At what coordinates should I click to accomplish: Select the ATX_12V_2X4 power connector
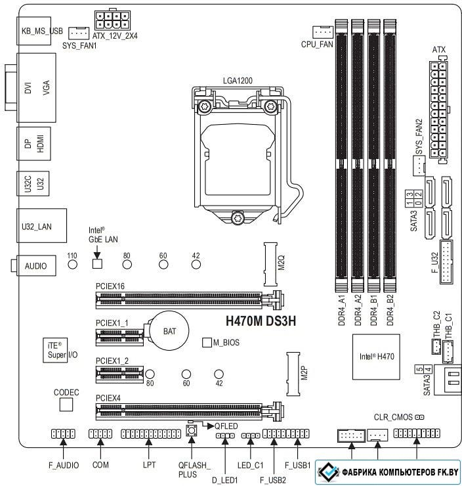pyautogui.click(x=112, y=20)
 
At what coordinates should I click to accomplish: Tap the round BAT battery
pyautogui.click(x=169, y=331)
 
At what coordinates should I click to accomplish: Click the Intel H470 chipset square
pyautogui.click(x=376, y=357)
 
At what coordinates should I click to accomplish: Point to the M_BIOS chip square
pyautogui.click(x=207, y=342)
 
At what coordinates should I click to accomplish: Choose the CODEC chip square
pyautogui.click(x=66, y=405)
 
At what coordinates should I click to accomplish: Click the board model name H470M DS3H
pyautogui.click(x=261, y=321)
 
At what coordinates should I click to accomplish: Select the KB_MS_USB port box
pyautogui.click(x=33, y=31)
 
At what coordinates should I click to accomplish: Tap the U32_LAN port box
pyautogui.click(x=41, y=226)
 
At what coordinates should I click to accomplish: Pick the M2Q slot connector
pyautogui.click(x=270, y=265)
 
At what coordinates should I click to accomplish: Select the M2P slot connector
pyautogui.click(x=293, y=374)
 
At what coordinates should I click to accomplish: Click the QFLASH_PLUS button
pyautogui.click(x=192, y=431)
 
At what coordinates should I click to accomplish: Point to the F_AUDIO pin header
pyautogui.click(x=63, y=433)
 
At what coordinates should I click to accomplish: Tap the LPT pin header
pyautogui.click(x=151, y=433)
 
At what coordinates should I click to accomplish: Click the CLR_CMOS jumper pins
pyautogui.click(x=419, y=417)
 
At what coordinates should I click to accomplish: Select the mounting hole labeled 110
pyautogui.click(x=72, y=264)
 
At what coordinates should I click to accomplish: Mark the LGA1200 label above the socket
pyautogui.click(x=238, y=81)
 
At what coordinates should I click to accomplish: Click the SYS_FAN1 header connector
pyautogui.click(x=79, y=33)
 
